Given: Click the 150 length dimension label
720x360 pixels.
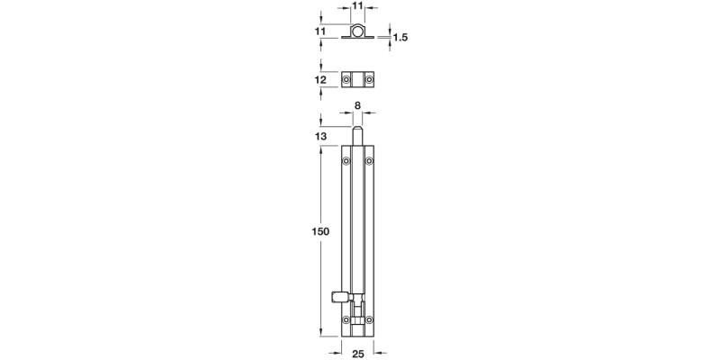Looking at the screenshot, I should click(320, 232).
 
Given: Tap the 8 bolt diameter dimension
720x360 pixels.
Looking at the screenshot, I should click(358, 106).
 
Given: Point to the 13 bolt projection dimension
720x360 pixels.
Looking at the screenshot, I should click(320, 135).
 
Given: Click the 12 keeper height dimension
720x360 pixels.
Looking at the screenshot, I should click(320, 81).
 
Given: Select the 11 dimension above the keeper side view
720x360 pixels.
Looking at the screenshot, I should click(358, 6).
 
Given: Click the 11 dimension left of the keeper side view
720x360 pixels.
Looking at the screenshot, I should click(320, 31).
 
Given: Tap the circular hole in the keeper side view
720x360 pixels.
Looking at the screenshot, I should click(359, 33).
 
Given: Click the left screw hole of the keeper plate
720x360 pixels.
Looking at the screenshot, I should click(347, 81).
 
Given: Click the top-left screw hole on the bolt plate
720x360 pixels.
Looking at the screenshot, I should click(347, 162).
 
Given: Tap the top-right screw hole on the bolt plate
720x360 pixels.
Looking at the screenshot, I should click(371, 162).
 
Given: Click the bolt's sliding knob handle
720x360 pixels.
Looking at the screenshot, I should click(339, 294).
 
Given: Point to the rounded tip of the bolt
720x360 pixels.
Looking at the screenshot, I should click(359, 131).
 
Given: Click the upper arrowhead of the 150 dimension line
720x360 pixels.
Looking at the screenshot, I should click(321, 149).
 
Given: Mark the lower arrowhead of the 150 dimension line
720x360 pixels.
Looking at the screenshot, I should click(321, 334).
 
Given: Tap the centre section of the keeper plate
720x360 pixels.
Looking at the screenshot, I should click(359, 81).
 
